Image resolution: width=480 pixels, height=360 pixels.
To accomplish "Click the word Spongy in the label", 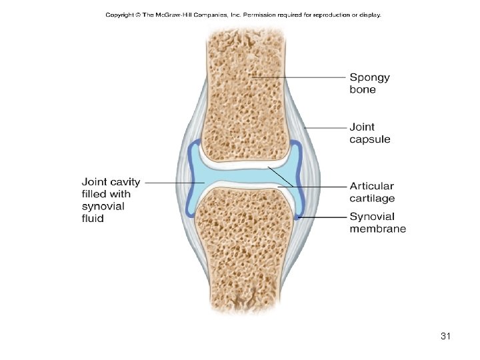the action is [x=370, y=78].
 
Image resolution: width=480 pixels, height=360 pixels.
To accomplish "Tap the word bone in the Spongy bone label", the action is [x=363, y=90].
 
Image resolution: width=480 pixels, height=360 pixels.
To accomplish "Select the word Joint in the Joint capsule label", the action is [x=362, y=127].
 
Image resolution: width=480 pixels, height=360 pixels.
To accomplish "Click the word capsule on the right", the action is [x=370, y=139].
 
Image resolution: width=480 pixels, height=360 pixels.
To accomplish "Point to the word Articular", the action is [x=371, y=186].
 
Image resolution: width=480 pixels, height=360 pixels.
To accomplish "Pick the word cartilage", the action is [x=372, y=198].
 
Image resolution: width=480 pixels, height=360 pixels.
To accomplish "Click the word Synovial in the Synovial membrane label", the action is [x=372, y=217].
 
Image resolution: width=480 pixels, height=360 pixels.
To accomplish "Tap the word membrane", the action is [x=377, y=229].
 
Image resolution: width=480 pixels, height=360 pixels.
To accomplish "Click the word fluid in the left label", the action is [x=93, y=218].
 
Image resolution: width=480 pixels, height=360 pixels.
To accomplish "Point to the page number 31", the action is [x=446, y=337].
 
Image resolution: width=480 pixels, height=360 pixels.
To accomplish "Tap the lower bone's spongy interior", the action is [x=247, y=253].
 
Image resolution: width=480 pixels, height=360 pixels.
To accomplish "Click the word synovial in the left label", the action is [x=103, y=206].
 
